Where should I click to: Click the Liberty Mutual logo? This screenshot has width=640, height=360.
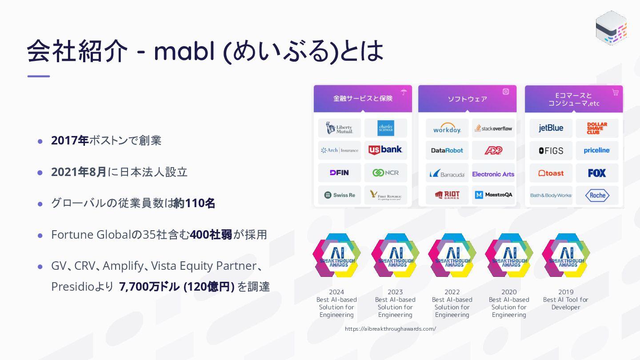340,128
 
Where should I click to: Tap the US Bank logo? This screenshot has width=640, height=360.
385,150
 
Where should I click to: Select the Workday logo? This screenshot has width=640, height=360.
447,129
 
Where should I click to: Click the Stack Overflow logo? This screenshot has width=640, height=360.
493,128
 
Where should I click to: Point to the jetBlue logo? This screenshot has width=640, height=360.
551,128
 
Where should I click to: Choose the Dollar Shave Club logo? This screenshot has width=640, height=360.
597,128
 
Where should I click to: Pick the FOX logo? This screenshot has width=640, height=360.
597,173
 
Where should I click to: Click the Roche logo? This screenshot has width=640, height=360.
597,195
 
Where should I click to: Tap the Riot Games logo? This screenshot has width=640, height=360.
447,195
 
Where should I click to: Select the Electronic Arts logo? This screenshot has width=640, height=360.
493,174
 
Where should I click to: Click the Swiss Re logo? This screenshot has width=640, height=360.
340,195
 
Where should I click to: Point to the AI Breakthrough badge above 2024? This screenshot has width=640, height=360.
336,255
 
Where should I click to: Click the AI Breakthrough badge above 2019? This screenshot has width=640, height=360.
566,255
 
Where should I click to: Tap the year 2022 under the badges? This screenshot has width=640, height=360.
452,292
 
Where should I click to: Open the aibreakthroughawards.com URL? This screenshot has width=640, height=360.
390,329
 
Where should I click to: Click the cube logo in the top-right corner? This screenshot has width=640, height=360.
611,28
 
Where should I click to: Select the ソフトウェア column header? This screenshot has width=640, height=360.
467,99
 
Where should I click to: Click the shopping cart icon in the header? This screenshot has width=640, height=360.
615,92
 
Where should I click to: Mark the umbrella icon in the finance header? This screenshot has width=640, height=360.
404,92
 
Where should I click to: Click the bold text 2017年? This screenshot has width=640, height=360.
70,140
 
